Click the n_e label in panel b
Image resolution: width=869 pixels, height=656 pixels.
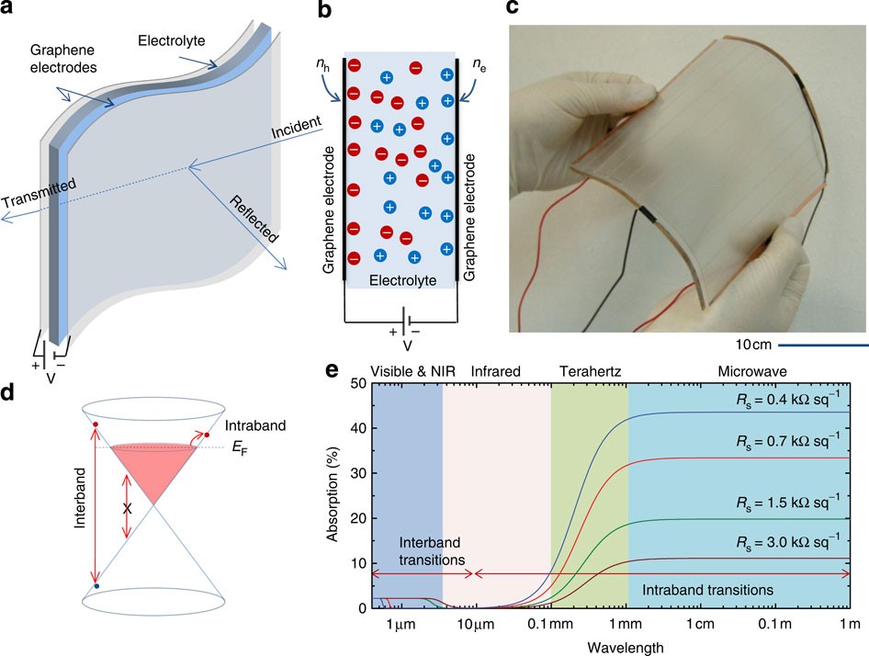pos(478,65)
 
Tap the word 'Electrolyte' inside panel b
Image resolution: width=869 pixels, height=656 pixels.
pos(401,278)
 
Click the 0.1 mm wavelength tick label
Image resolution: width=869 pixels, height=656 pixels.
pos(548,626)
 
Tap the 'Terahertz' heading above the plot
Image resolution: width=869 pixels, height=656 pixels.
pos(590,371)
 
